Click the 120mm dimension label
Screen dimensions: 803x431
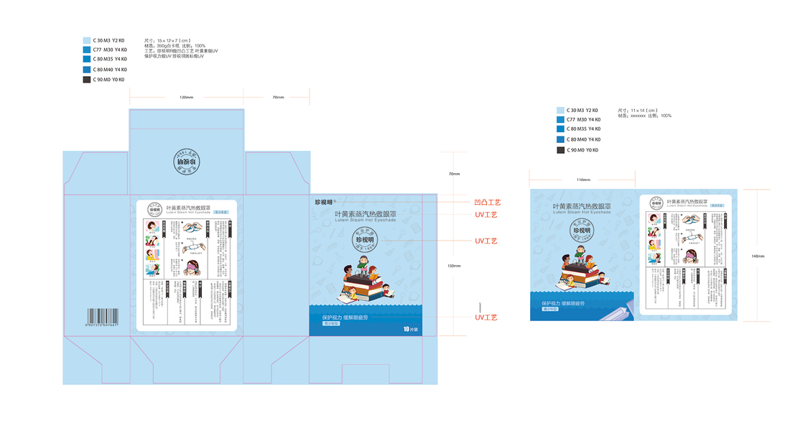186,97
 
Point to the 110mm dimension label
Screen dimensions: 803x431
582,180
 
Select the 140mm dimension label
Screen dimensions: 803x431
758,256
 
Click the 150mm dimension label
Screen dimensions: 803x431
454,265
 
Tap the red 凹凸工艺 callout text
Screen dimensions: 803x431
488,203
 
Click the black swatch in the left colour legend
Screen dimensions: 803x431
87,80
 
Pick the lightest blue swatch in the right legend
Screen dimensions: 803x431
560,110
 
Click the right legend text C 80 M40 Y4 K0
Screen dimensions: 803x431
582,139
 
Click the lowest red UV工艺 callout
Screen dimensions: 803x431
486,317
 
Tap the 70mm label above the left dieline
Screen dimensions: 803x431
278,97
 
